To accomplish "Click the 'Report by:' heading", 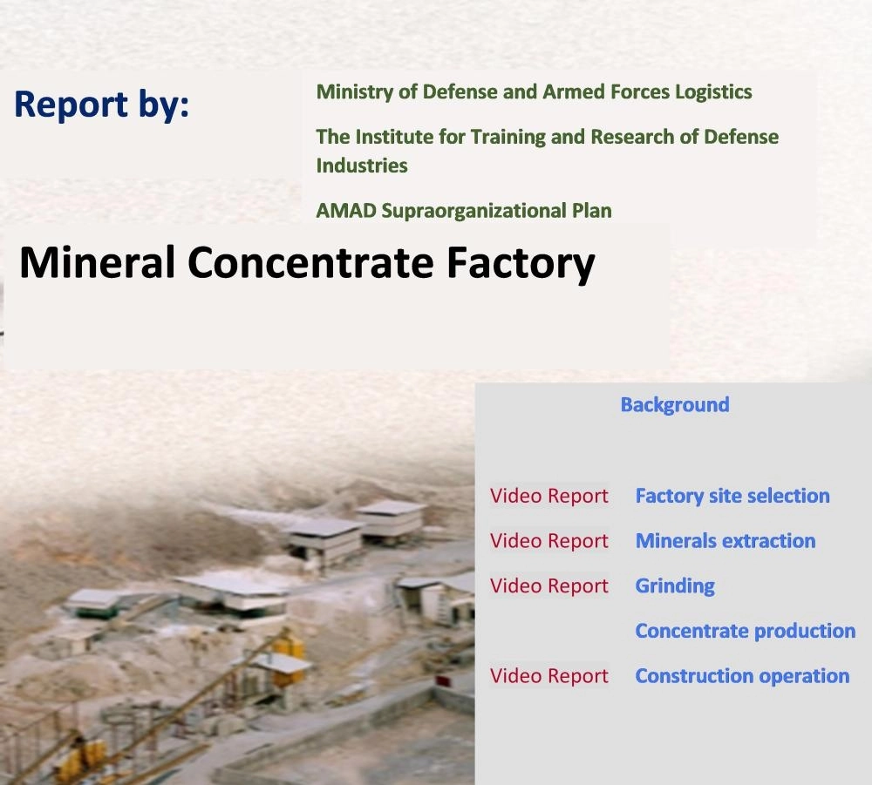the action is pos(101,105).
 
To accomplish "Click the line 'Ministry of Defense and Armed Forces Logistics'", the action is pos(534,92).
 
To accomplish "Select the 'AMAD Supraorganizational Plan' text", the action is pos(464,211).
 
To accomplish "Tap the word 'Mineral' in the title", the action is pos(98,262).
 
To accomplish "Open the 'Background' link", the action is pos(675,405).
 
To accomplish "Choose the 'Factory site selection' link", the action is pos(732,496).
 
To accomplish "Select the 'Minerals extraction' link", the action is pos(726,540).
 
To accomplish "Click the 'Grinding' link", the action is pos(675,586).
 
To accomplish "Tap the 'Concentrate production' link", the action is pos(746,631).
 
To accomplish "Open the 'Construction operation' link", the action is pos(742,676).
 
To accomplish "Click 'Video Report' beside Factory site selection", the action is pos(548,496).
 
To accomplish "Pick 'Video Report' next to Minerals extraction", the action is pos(548,541).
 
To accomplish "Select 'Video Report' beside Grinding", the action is pos(548,586).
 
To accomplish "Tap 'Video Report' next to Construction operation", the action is pos(548,676).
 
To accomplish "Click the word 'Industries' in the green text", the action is pos(362,166).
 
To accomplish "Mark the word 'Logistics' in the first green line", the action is pos(713,92).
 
